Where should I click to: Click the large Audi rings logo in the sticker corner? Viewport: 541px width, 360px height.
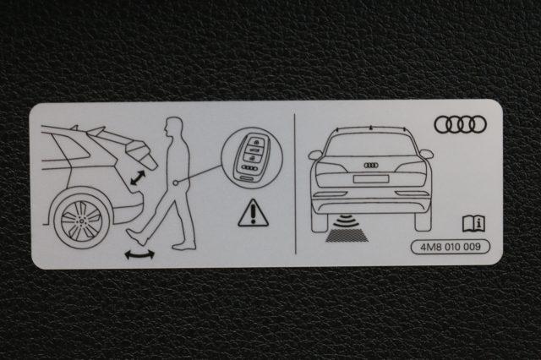[x=460, y=124]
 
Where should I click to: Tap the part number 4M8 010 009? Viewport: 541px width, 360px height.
[x=451, y=247]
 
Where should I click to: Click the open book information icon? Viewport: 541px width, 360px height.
[x=473, y=223]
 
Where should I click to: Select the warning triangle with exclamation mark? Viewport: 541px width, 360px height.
[x=253, y=213]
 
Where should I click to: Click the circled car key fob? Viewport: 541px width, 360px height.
[x=252, y=158]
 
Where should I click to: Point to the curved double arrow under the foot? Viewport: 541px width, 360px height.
[x=139, y=255]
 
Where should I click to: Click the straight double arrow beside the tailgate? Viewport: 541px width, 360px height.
[x=138, y=177]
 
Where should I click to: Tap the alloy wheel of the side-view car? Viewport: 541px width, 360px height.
[x=82, y=221]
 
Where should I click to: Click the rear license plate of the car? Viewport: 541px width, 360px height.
[x=371, y=178]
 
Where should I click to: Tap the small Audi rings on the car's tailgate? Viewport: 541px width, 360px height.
[x=371, y=165]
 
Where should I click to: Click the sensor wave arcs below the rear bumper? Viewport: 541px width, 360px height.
[x=346, y=221]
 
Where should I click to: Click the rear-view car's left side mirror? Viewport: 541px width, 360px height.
[x=315, y=155]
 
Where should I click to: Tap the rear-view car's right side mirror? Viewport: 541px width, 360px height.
[x=426, y=154]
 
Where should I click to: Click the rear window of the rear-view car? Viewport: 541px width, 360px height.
[x=371, y=145]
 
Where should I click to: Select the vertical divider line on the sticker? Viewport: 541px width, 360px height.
[x=295, y=183]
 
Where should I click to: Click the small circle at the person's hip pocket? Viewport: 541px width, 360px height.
[x=177, y=183]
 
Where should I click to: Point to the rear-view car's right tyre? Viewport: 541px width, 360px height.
[x=423, y=220]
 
